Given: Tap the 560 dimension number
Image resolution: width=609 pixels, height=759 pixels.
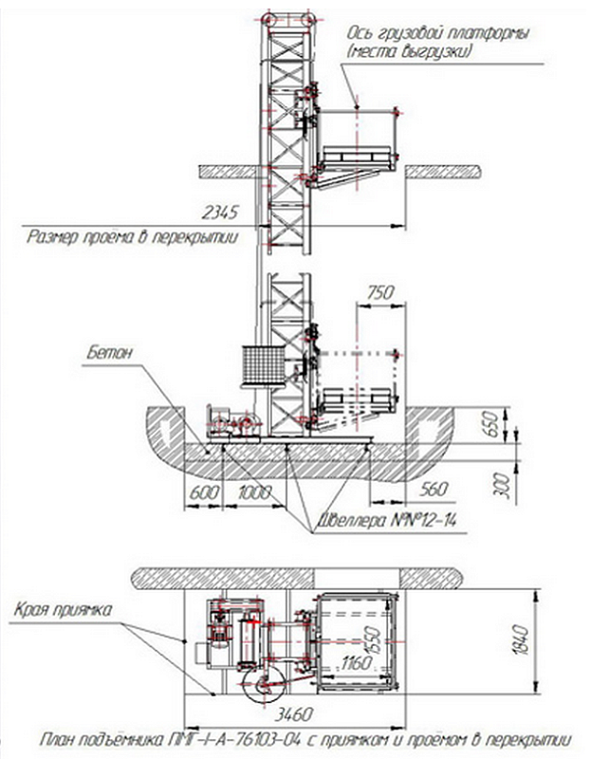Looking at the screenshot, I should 433,491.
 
